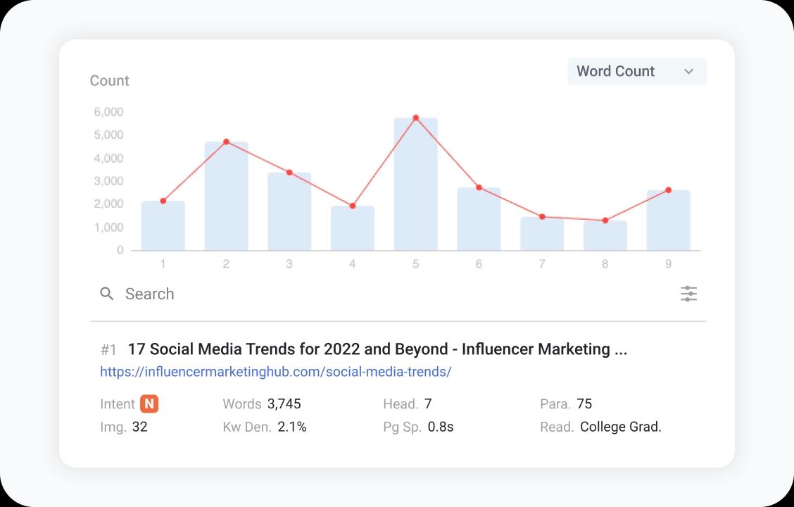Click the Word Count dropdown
pos(636,71)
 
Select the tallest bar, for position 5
pos(415,184)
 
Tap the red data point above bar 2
pos(226,142)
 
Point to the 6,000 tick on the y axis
pos(108,112)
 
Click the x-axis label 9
pos(668,264)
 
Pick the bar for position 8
pos(605,236)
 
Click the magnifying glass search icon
pos(107,294)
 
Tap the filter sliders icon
pos(688,294)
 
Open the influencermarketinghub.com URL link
pos(275,371)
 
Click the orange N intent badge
pos(149,403)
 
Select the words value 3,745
pos(284,403)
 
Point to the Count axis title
pos(109,81)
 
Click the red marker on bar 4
pos(352,206)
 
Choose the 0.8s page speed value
pos(441,427)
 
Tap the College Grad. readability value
pos(620,427)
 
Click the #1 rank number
pos(108,349)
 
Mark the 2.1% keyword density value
pos(292,427)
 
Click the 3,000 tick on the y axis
pos(108,181)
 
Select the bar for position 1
pos(163,226)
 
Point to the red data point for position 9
pos(668,190)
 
